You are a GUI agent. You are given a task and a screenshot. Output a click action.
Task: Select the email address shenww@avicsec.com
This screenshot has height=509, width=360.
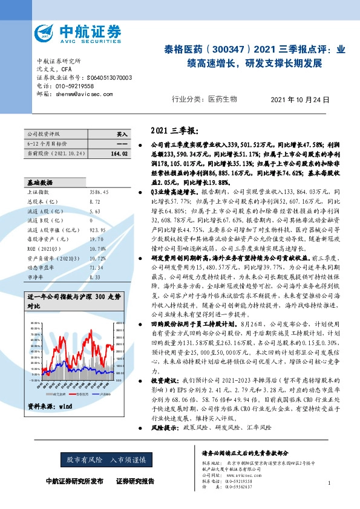[84, 94]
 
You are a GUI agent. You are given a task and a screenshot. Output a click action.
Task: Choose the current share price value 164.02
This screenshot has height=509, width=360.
[120, 154]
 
